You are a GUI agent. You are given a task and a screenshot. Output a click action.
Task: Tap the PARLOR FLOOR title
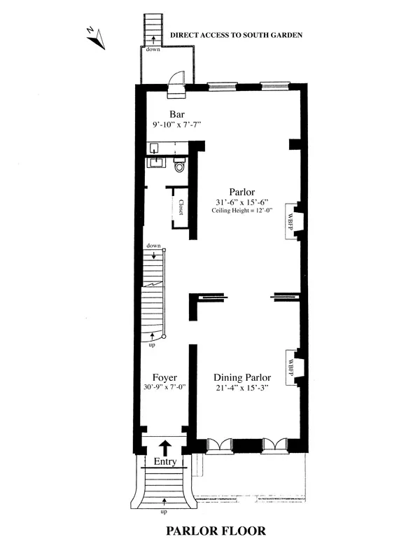click(x=216, y=531)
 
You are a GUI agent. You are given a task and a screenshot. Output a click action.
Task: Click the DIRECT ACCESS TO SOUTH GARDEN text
click(x=237, y=34)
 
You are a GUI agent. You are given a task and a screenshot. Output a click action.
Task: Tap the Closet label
click(x=181, y=208)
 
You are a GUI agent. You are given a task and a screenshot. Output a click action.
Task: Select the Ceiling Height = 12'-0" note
click(x=242, y=211)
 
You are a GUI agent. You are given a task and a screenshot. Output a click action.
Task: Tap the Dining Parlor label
click(x=242, y=377)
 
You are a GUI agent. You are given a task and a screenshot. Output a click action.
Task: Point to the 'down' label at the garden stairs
click(x=153, y=50)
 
